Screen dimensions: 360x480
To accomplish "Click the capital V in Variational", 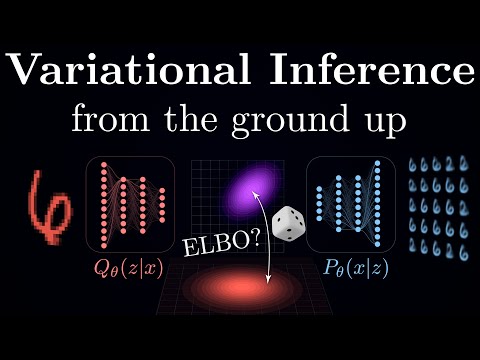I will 28,71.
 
